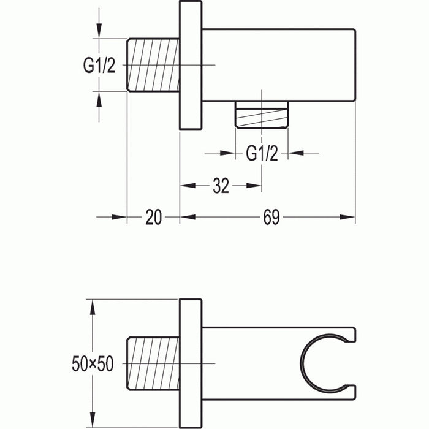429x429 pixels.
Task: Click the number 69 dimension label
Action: point(271,216)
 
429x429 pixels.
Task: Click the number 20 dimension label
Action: point(154,216)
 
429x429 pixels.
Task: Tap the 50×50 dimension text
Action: point(92,364)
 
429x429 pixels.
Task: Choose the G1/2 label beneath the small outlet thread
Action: point(262,153)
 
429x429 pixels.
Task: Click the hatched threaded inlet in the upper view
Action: point(153,65)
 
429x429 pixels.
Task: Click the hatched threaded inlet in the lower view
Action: point(153,364)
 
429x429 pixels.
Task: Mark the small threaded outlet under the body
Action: point(262,116)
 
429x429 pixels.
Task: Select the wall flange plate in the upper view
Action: point(190,65)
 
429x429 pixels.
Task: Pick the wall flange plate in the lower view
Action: point(190,364)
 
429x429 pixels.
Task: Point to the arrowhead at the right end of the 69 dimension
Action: point(349,216)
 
